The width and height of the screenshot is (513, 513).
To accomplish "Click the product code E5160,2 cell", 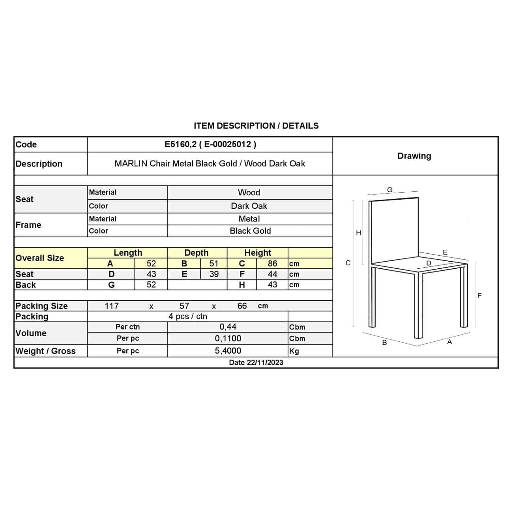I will point(210,144).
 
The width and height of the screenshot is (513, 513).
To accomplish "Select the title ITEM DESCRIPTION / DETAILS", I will point(256,126).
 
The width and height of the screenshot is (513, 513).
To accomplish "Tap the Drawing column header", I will point(414,156).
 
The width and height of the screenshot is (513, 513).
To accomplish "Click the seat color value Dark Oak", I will point(249,206).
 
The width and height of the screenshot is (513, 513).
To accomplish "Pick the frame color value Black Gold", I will point(250,231).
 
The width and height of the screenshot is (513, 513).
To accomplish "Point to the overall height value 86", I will point(272,264).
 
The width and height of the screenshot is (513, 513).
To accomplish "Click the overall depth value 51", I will point(213,264).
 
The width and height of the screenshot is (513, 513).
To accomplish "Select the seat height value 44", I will point(272,274).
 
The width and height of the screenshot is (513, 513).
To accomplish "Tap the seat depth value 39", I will point(213,274).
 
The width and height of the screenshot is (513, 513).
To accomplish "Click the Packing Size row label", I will point(41,306).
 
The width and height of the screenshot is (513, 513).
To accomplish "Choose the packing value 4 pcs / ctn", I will point(188,316).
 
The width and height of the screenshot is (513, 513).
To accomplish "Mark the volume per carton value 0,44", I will point(228,327).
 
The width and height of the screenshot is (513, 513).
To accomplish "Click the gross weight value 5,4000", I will point(228,351).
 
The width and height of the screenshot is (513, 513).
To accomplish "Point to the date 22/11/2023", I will point(256,363).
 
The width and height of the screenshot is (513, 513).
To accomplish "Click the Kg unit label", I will point(294,351).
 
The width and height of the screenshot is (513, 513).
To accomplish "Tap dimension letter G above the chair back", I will point(390,190).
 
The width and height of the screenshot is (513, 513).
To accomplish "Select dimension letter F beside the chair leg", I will point(479,295).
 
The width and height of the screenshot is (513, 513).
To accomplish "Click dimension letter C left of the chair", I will point(348,263).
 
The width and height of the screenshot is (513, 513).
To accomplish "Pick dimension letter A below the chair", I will point(449,342).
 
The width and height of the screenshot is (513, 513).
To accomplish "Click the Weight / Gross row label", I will point(45,351).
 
